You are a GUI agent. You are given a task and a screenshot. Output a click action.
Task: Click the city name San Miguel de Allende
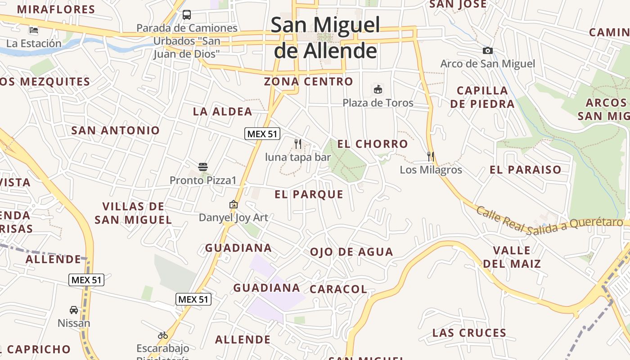click(x=325, y=38)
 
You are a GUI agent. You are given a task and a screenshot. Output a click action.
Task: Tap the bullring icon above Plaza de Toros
click(x=378, y=90)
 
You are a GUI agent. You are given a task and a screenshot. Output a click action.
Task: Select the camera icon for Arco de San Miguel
click(x=487, y=51)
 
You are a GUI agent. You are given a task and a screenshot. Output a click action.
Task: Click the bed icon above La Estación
click(x=34, y=31)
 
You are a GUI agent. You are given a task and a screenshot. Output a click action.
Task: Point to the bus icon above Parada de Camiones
click(x=187, y=15)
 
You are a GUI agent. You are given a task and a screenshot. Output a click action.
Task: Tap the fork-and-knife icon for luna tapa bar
click(x=297, y=144)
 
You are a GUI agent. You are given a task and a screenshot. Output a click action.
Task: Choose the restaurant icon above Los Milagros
click(x=431, y=157)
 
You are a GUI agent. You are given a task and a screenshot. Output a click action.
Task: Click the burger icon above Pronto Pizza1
click(x=202, y=167)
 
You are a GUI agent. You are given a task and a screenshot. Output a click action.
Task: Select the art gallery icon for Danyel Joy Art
click(x=233, y=204)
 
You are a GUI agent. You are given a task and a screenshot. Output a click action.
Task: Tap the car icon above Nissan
click(x=74, y=310)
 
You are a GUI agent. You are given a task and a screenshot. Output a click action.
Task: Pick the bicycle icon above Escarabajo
click(x=163, y=335)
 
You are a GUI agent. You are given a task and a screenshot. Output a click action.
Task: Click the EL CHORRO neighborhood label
click(x=373, y=144)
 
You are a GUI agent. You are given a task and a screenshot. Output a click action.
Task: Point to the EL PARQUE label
click(x=309, y=194)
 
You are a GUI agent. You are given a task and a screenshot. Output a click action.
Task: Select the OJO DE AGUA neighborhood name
click(x=351, y=252)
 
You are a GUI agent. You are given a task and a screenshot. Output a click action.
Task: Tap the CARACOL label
click(x=338, y=289)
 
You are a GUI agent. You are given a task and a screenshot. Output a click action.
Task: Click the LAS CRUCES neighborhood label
click(x=469, y=333)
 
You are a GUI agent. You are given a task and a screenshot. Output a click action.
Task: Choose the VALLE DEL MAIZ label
click(x=512, y=257)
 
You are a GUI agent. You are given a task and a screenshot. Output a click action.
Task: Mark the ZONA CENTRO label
click(x=308, y=81)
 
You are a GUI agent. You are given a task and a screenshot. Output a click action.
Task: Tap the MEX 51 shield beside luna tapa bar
click(x=262, y=134)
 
